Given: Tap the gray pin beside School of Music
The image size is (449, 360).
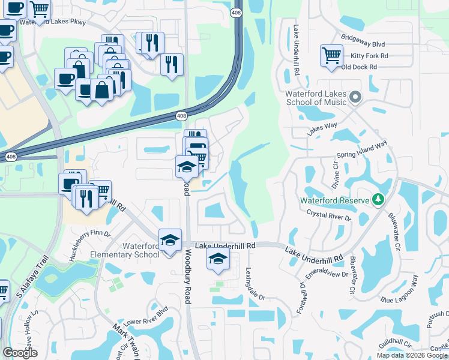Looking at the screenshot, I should (x=355, y=97).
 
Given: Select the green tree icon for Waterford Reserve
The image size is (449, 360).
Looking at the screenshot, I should (x=378, y=199).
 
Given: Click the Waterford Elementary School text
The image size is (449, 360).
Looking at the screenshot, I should (x=141, y=250).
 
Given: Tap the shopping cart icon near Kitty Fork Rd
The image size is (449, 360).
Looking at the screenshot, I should (x=331, y=56).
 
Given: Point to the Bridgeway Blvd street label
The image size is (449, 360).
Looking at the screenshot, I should (x=363, y=44).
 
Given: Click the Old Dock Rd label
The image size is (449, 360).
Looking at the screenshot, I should (x=358, y=67).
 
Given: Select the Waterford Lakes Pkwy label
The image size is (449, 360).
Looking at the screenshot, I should (x=53, y=22).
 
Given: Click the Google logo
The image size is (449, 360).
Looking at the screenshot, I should (x=20, y=353).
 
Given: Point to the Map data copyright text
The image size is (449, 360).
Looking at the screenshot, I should (x=412, y=355).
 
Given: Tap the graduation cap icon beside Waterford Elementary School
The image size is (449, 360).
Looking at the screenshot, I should (x=170, y=241).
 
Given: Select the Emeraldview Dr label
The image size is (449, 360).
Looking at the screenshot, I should (x=327, y=273).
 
